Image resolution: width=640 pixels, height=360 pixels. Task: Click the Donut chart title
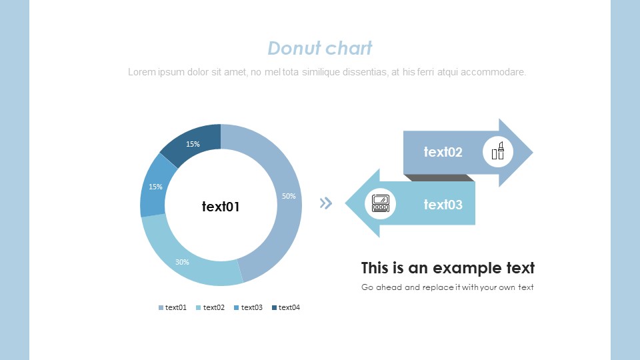tap(319, 48)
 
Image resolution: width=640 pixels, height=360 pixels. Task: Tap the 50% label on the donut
tap(289, 196)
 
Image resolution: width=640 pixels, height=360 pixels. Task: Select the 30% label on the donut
tap(182, 262)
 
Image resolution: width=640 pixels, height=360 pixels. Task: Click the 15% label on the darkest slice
tap(193, 144)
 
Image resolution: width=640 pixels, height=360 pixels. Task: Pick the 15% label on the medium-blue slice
tap(155, 187)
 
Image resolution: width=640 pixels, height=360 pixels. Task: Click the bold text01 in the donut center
tap(221, 207)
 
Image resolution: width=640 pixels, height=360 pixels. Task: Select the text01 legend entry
tap(172, 307)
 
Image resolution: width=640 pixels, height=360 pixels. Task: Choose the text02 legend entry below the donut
tap(210, 307)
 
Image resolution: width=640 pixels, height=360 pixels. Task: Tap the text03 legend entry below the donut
tap(248, 307)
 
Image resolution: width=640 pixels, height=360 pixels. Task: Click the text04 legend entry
tap(286, 307)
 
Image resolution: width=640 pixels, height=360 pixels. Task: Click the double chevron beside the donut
tap(326, 203)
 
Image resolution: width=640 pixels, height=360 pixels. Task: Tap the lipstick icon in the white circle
tap(497, 151)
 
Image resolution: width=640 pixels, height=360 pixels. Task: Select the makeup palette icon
tap(381, 203)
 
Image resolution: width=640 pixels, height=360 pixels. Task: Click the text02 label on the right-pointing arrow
tap(443, 152)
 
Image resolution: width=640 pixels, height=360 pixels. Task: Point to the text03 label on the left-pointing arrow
tap(443, 205)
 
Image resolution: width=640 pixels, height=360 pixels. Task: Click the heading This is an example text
tap(448, 268)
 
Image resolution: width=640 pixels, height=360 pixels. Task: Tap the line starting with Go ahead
tap(447, 287)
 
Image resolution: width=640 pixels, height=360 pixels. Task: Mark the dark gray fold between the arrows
tap(439, 178)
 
